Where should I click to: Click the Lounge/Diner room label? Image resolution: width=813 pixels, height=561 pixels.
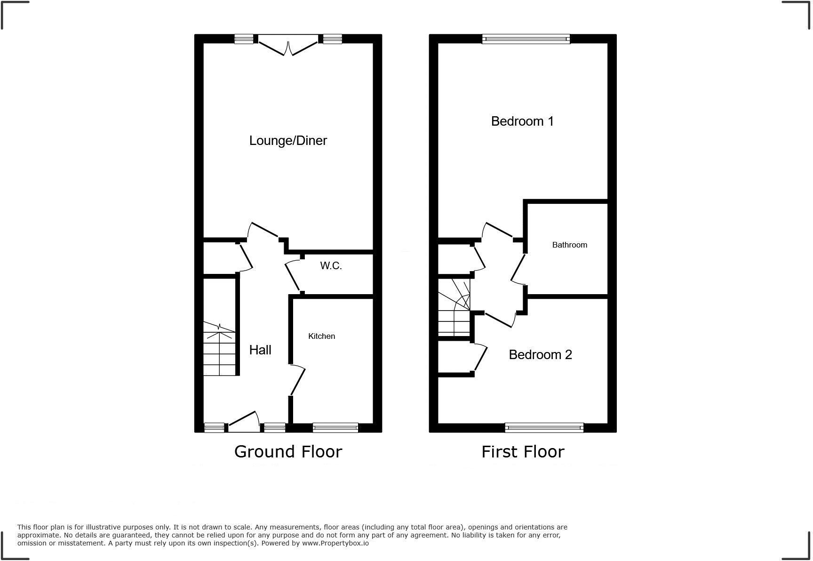[x=288, y=141]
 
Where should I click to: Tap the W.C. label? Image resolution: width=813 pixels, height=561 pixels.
[x=331, y=266]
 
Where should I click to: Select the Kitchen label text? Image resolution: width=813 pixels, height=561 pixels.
[x=321, y=336]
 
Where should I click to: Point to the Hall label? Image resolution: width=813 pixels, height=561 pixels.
[x=260, y=350]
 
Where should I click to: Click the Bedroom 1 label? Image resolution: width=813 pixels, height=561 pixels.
[x=522, y=121]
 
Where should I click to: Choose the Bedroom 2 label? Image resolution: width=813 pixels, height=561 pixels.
[x=540, y=355]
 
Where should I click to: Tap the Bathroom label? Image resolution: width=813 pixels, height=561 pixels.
[x=569, y=245]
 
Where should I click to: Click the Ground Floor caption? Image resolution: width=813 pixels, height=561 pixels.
[x=288, y=452]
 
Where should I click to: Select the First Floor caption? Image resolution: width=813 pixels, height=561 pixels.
[x=522, y=452]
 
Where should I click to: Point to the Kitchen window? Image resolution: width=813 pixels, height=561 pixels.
[x=335, y=428]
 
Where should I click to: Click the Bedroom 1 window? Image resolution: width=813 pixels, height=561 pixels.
[x=526, y=39]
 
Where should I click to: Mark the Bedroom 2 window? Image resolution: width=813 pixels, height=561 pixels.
[x=544, y=428]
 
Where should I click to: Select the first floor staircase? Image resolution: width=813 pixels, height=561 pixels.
[x=454, y=308]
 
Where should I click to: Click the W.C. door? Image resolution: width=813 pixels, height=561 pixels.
[x=293, y=277]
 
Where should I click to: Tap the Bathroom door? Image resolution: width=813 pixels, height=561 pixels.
[x=518, y=268]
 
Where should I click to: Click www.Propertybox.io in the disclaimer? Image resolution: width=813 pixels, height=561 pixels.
[x=335, y=543]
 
